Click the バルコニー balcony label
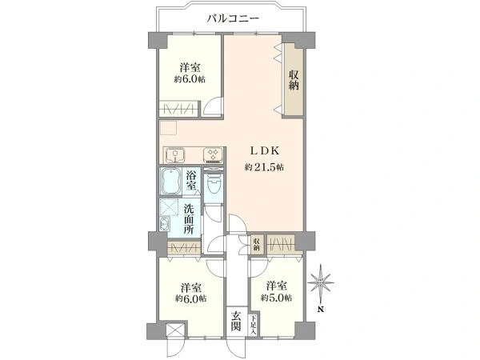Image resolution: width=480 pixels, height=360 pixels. point(233,18)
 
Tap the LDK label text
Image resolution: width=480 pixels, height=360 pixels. point(265,150)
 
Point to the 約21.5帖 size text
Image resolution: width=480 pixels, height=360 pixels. point(264,167)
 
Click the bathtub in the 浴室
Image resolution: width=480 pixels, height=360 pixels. point(170,181)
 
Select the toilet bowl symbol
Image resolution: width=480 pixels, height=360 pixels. point(213,183)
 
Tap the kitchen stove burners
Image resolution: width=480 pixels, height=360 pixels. point(213,155)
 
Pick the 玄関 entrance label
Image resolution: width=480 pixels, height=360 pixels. point(235,321)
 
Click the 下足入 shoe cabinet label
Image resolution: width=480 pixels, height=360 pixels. point(253,325)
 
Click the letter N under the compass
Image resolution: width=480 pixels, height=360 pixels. point(320,309)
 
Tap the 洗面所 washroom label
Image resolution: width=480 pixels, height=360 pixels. point(189,219)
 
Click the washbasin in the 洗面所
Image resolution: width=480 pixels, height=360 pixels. point(164,224)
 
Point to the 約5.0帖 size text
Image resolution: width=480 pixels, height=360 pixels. point(276,298)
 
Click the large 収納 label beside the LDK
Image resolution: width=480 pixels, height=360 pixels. point(294,80)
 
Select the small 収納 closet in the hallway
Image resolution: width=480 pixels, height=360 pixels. point(257,244)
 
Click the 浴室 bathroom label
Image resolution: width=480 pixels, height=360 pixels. point(191,180)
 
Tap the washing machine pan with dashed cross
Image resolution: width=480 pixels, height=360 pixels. point(169,207)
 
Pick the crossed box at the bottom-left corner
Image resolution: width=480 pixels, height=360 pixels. point(175,330)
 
